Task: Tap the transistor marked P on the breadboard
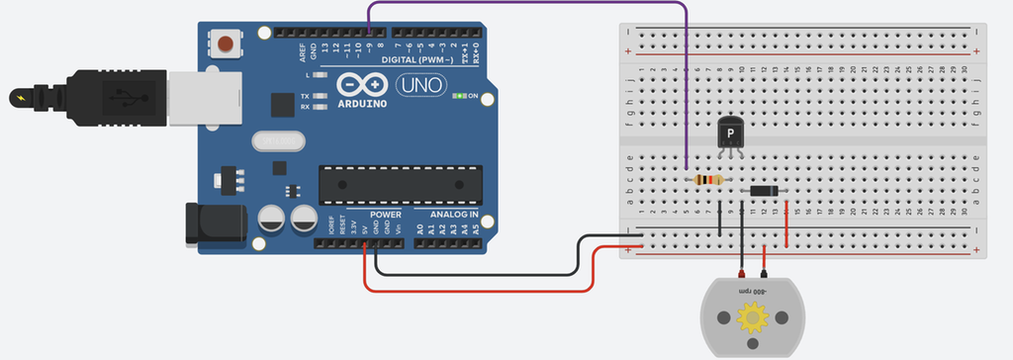[x=730, y=133]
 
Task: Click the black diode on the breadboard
[x=763, y=191]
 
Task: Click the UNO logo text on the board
[x=419, y=86]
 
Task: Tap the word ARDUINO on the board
[x=364, y=103]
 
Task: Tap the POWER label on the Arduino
[x=386, y=215]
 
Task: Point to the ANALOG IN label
[x=453, y=215]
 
